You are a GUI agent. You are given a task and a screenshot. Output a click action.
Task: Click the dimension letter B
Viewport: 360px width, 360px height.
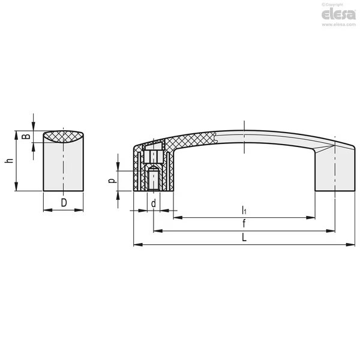[x=26, y=136]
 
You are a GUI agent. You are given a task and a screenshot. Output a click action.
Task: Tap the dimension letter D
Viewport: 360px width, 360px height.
[x=64, y=203]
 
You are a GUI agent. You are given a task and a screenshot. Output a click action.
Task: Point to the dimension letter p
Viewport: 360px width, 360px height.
[x=112, y=181]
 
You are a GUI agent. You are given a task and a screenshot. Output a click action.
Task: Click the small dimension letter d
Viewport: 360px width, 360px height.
[x=154, y=203]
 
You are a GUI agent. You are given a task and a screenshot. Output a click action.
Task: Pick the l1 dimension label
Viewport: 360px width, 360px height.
[x=244, y=210]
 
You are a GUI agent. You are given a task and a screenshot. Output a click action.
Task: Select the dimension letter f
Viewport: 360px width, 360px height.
[x=244, y=223]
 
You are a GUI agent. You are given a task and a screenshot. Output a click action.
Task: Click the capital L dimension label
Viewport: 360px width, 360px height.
[x=244, y=237]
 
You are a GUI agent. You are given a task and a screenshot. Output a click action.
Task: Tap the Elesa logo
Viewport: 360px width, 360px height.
[x=338, y=14]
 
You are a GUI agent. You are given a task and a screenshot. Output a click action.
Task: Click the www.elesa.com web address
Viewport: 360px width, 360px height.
[x=338, y=25]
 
